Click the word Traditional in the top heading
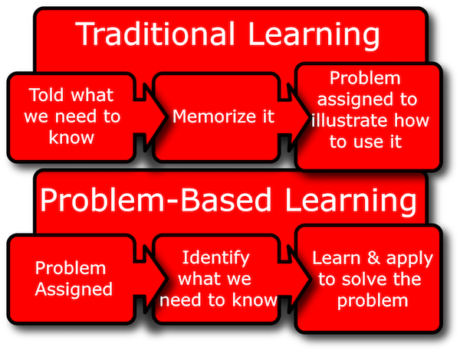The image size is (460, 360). point(156,34)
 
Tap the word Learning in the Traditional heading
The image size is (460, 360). point(314,36)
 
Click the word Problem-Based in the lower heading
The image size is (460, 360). point(156,200)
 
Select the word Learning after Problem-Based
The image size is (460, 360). point(350,202)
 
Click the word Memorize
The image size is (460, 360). point(214,116)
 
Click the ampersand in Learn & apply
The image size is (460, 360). point(373,258)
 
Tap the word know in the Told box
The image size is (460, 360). point(71,138)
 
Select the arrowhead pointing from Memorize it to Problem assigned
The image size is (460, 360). point(299,116)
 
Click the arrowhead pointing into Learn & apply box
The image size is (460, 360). point(299,279)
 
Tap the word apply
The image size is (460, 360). point(409,260)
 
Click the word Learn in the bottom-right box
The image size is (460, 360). point(337,258)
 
